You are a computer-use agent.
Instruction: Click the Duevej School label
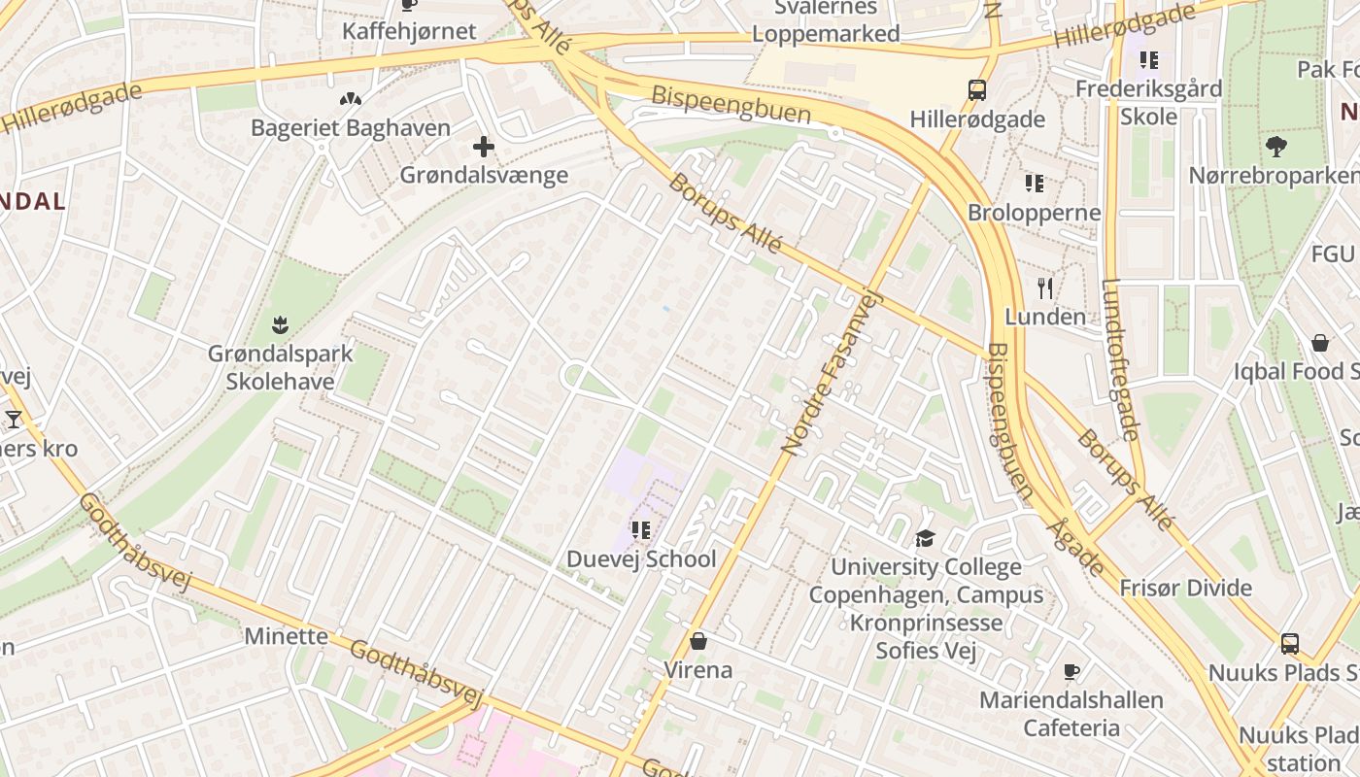(641, 559)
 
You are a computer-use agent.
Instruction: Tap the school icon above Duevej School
(641, 530)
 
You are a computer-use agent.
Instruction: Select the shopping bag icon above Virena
(697, 641)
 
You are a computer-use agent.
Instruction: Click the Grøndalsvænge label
(484, 176)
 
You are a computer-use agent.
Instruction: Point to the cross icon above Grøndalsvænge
(483, 148)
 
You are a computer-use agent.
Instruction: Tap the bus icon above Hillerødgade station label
(977, 90)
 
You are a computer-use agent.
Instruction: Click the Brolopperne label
(1035, 213)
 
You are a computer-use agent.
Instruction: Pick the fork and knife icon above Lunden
(1045, 287)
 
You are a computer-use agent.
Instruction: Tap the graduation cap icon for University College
(925, 538)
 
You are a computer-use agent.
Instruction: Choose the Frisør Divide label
(1185, 588)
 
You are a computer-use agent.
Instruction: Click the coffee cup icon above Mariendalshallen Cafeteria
(1071, 671)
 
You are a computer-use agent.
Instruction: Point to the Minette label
(287, 636)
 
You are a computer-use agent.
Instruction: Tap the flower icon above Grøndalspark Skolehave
(281, 322)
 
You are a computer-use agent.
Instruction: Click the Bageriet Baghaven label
(351, 128)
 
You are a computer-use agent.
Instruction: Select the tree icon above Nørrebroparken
(1275, 147)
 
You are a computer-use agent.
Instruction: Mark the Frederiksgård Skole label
(1148, 102)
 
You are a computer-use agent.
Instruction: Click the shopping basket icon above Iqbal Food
(1320, 343)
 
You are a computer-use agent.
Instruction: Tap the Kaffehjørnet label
(409, 31)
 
